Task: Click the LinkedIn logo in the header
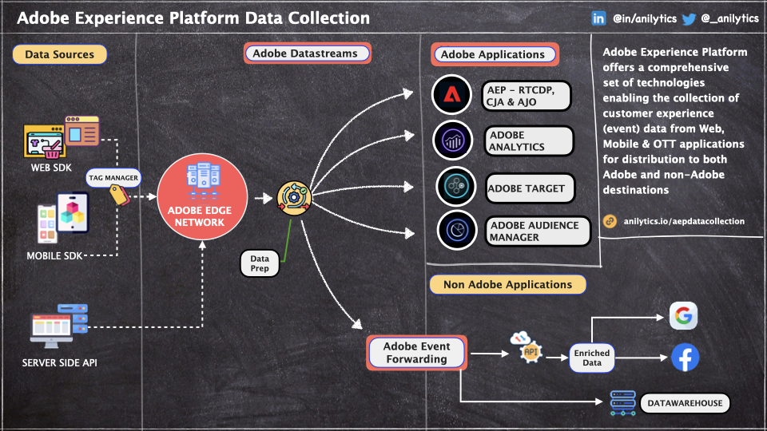[x=598, y=18]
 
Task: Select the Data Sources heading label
[x=59, y=54]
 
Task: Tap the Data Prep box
[x=260, y=264]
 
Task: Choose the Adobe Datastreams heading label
[x=307, y=53]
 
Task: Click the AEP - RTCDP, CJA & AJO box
[x=527, y=95]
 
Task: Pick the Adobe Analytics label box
[x=529, y=141]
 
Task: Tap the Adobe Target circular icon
[x=456, y=188]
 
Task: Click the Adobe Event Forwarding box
[x=416, y=352]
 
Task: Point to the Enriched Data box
[x=592, y=357]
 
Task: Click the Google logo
[x=683, y=316]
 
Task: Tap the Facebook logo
[x=685, y=358]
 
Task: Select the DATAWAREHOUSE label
[x=685, y=403]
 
